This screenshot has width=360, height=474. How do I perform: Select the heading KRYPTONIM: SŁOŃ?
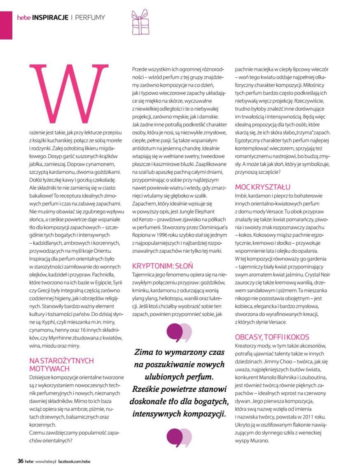click(162, 265)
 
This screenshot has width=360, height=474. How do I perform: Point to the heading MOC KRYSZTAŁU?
click(262, 187)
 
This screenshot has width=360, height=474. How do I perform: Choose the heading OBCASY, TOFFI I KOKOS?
click(272, 337)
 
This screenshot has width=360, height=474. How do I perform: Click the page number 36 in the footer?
click(20, 461)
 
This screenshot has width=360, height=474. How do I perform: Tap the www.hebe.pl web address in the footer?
click(45, 462)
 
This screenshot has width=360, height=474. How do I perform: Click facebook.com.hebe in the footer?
click(74, 462)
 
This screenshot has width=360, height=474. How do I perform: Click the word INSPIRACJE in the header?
click(50, 18)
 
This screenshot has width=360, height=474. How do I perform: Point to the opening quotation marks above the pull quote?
click(179, 333)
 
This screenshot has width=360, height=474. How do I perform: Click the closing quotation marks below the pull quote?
click(179, 437)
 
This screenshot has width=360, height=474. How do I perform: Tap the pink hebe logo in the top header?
click(24, 18)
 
